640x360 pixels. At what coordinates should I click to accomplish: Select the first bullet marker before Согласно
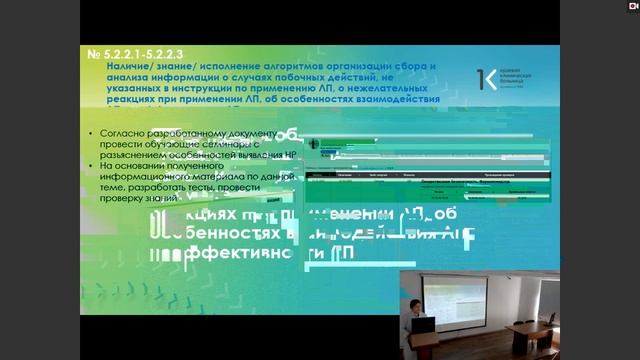[90, 133]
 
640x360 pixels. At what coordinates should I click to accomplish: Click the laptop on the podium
[425, 323]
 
